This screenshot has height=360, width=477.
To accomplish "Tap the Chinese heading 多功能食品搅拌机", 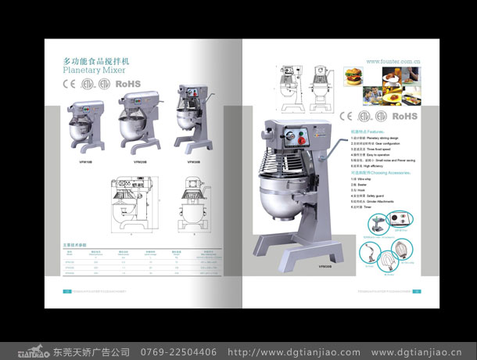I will (x=95, y=59).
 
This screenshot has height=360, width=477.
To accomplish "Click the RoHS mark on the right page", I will (x=405, y=116).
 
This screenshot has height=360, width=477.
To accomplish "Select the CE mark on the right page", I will (x=346, y=117).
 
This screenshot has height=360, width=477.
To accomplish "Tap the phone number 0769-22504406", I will (x=178, y=351).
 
